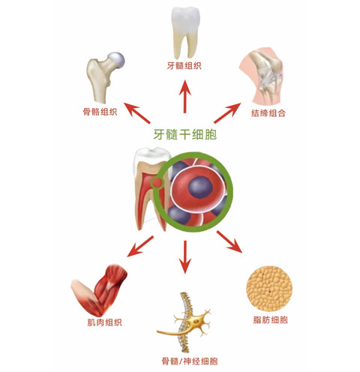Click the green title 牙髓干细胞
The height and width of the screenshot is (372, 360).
point(184,134)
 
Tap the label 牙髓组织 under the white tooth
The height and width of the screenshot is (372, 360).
point(184,66)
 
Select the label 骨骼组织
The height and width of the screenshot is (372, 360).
point(100,112)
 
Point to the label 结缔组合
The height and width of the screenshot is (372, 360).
point(268,113)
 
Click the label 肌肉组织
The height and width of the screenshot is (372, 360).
point(105,322)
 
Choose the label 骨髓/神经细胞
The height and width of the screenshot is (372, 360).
point(190,361)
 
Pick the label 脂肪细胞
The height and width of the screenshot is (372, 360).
point(271,319)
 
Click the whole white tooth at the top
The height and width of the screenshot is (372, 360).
point(185,32)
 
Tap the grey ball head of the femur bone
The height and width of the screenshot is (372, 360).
point(116,60)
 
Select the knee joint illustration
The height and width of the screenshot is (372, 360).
point(261,77)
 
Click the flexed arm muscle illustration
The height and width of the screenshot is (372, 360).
point(99,290)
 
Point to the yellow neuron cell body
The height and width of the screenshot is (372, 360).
point(195,321)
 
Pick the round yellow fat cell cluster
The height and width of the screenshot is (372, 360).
point(269,289)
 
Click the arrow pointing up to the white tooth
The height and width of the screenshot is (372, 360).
point(184,97)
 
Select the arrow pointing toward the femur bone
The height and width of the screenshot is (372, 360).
point(136,113)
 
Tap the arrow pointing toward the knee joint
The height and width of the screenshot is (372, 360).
point(227,113)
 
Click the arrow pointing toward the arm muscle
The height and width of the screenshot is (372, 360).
point(140,247)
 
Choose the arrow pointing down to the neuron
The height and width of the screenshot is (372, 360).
point(185,257)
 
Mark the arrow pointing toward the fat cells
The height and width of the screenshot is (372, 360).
point(229,241)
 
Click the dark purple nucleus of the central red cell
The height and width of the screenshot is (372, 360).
point(200,187)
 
